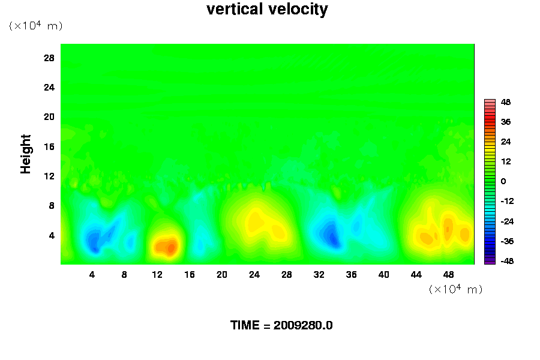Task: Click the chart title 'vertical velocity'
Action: click(x=267, y=10)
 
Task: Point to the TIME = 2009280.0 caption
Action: click(x=281, y=326)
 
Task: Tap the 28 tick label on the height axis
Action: click(x=49, y=58)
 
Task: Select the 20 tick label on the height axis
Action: click(x=49, y=116)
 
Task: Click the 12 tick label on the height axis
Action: click(x=49, y=176)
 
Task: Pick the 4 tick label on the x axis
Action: click(x=92, y=275)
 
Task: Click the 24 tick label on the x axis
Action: click(x=254, y=275)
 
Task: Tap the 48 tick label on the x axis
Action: click(x=448, y=275)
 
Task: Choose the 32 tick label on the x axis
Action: click(x=319, y=275)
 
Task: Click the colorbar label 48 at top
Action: click(x=506, y=103)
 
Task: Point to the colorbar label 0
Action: click(x=503, y=181)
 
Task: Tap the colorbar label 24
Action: click(x=506, y=142)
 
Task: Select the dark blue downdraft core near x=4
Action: click(x=93, y=242)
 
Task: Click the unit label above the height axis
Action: click(x=35, y=26)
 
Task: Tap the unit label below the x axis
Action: click(x=456, y=289)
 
